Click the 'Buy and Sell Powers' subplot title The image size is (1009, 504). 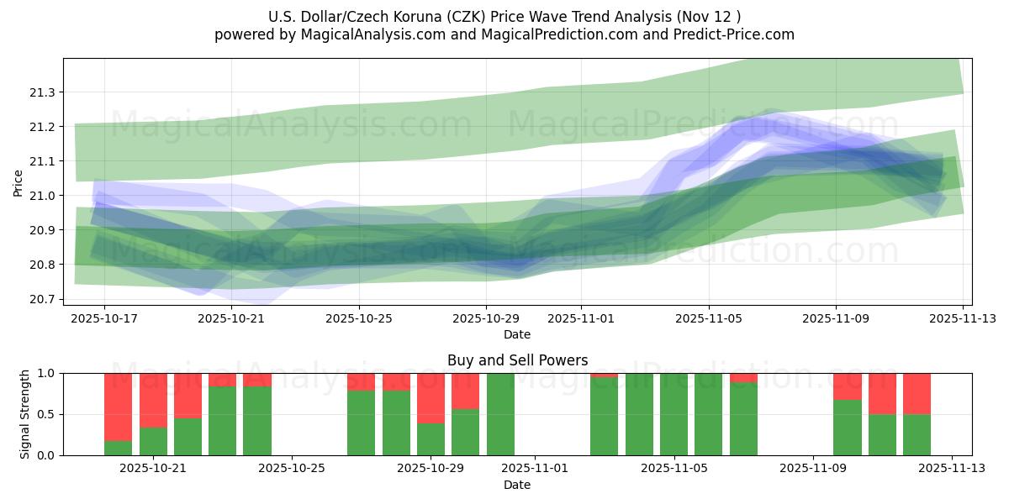point(516,361)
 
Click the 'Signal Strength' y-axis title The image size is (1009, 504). point(25,414)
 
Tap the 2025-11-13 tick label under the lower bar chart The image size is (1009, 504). point(952,469)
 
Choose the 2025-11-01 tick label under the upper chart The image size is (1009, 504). point(580,319)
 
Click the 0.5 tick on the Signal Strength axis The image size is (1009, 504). point(47,414)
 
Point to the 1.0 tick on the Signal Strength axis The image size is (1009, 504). point(47,373)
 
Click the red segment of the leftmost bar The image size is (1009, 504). point(119,407)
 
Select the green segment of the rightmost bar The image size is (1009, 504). point(917,434)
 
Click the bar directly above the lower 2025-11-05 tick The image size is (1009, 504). point(674,414)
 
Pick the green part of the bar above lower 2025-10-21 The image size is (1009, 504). point(153,441)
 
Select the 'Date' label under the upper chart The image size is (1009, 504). point(516,334)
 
